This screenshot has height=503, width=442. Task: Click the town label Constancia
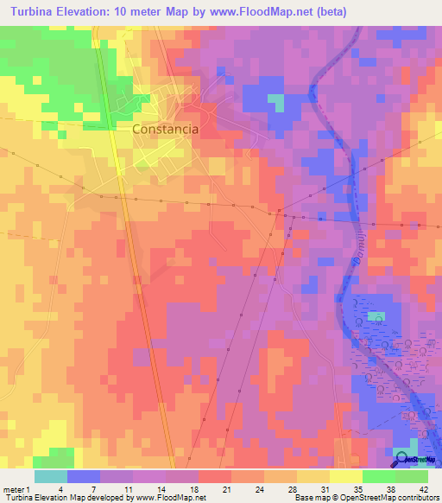[x=166, y=129]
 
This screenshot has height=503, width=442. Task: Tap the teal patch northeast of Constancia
[x=275, y=102]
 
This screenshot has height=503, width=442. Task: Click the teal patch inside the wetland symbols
[x=376, y=316]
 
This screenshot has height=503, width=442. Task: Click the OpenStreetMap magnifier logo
[x=403, y=456]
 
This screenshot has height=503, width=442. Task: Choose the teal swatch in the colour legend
[x=51, y=475]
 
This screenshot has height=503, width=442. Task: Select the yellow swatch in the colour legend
[x=346, y=475]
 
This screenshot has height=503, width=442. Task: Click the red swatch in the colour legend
[x=215, y=475]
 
